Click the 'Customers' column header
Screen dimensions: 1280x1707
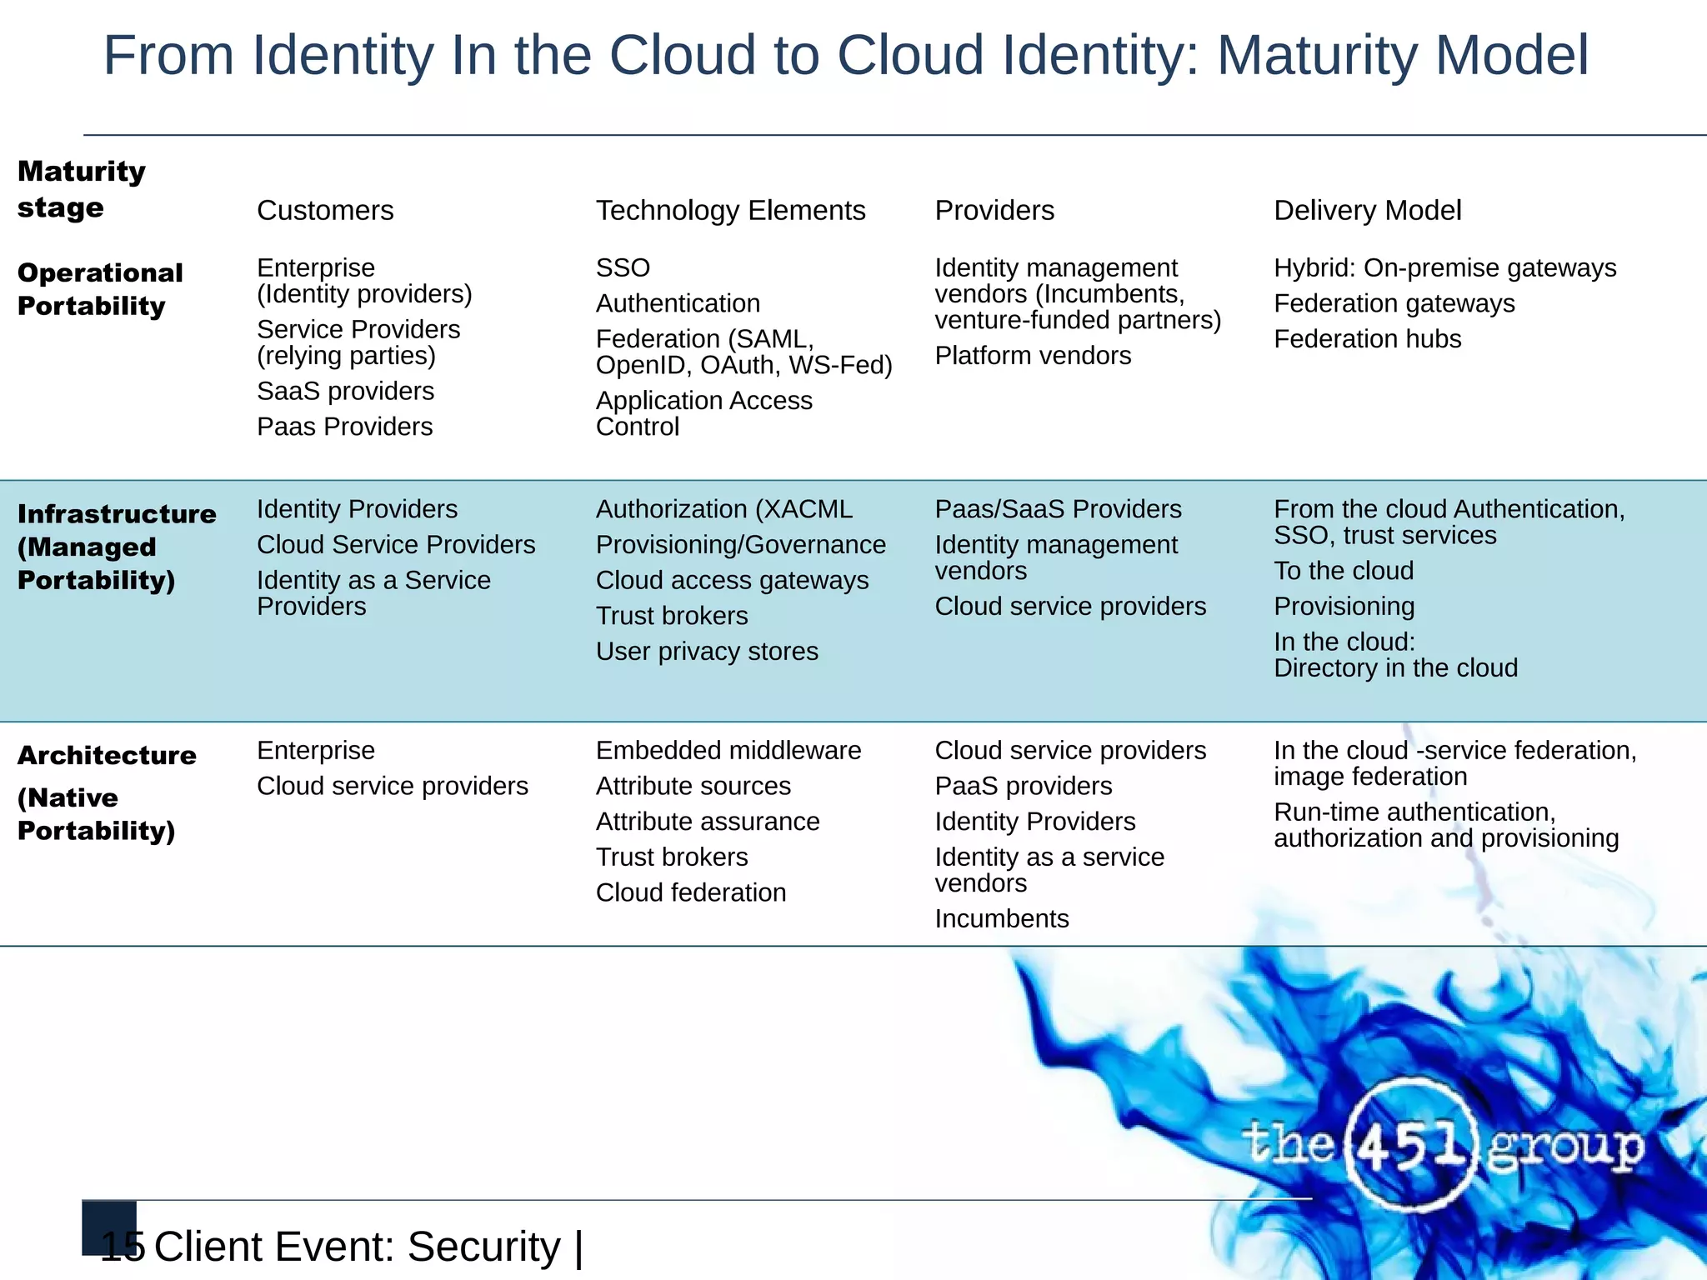click(325, 211)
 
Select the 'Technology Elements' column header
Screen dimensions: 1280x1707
click(730, 211)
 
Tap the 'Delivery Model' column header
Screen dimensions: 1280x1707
click(1367, 211)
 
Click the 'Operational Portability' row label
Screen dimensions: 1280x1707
click(100, 289)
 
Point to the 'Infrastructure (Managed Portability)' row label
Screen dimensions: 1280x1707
click(116, 547)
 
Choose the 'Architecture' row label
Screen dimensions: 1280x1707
click(107, 756)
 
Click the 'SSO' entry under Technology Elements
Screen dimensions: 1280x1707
click(623, 268)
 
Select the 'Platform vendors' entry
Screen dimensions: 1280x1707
click(1032, 356)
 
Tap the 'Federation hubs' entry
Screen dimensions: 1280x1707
click(1367, 339)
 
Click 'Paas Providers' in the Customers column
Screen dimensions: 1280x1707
click(344, 427)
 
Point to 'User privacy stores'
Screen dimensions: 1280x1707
click(707, 652)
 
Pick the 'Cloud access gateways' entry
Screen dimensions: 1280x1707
click(732, 581)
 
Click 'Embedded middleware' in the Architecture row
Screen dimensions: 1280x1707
click(728, 751)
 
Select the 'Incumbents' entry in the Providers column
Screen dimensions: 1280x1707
click(1001, 919)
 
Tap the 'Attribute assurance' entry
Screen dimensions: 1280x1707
click(708, 822)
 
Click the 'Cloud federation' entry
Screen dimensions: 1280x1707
click(690, 893)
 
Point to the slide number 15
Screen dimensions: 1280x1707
click(122, 1247)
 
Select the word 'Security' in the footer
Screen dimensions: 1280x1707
click(483, 1247)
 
